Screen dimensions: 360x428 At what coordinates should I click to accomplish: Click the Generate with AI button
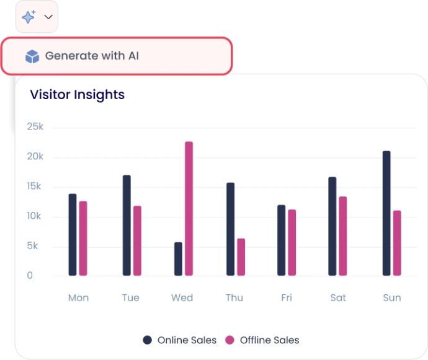(117, 56)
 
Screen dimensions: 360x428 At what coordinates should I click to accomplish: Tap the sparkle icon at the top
(29, 17)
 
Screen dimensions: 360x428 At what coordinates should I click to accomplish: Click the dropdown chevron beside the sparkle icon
(48, 17)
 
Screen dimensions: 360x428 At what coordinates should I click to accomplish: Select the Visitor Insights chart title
(78, 95)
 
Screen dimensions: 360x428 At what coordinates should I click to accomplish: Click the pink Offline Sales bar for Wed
(189, 208)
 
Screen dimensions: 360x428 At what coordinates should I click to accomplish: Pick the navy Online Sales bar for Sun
(386, 213)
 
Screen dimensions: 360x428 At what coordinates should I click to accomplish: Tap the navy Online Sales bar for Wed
(179, 259)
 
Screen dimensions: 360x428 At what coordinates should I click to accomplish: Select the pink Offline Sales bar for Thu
(241, 257)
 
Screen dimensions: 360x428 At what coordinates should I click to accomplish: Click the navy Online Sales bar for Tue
(127, 226)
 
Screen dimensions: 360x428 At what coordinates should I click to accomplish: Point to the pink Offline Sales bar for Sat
(342, 236)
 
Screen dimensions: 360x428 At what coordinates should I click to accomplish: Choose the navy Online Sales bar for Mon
(73, 235)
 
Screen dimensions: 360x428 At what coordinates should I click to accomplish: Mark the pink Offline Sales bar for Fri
(292, 243)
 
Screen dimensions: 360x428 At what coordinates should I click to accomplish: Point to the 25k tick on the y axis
(35, 127)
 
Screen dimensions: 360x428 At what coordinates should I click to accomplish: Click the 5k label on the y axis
(32, 246)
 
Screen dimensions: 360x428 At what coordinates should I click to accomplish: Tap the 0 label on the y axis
(30, 276)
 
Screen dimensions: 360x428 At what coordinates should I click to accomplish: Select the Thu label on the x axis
(234, 298)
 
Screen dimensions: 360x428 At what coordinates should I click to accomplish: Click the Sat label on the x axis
(338, 298)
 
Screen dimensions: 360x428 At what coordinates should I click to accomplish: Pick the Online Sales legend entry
(180, 340)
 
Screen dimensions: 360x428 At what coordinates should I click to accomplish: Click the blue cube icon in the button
(32, 57)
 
